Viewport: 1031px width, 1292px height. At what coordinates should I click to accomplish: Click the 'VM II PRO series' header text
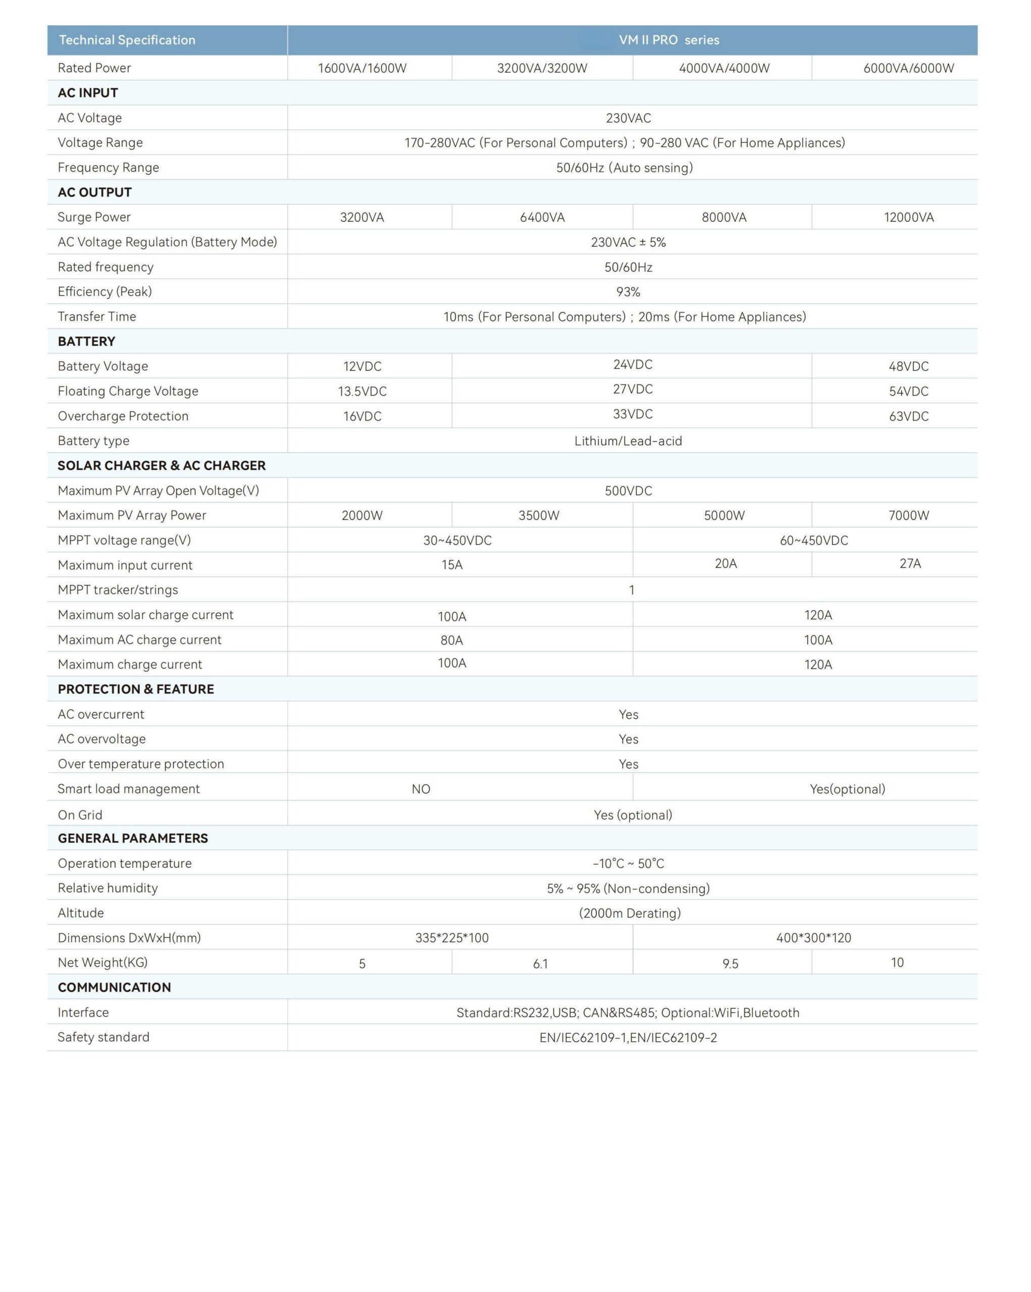click(x=668, y=40)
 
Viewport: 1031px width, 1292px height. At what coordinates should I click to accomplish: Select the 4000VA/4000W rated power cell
click(x=724, y=68)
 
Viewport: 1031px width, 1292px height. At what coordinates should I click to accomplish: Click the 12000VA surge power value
click(x=908, y=218)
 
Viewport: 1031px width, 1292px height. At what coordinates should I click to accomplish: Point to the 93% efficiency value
click(x=628, y=292)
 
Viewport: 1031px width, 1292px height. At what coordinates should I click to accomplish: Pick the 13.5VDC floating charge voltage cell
click(x=362, y=391)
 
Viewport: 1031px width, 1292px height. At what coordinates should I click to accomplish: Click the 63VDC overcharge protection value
click(x=908, y=416)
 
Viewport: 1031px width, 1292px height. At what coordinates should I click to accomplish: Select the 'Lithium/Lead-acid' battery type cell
click(x=628, y=441)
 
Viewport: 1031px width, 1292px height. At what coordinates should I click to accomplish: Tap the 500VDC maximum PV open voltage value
click(x=628, y=491)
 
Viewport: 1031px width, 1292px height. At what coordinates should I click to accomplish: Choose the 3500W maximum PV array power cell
click(x=538, y=515)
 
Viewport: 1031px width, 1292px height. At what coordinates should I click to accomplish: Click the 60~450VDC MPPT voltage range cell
click(x=813, y=541)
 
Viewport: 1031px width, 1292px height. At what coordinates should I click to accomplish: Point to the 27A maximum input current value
click(x=909, y=563)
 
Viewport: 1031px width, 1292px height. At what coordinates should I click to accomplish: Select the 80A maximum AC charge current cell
click(x=451, y=640)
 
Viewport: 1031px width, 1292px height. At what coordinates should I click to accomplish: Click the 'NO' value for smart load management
click(x=421, y=789)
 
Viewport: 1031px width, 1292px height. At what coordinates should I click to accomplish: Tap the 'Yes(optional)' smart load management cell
click(x=847, y=789)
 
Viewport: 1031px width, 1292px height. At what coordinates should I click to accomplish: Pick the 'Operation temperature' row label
click(x=125, y=864)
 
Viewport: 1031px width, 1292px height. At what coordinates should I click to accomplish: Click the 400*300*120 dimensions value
click(x=813, y=938)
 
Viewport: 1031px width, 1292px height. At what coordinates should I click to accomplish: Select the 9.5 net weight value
click(x=730, y=963)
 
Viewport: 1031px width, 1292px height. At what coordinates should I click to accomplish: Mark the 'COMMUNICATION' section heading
click(x=114, y=988)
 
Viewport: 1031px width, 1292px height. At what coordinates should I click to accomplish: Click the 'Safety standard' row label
click(x=103, y=1037)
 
